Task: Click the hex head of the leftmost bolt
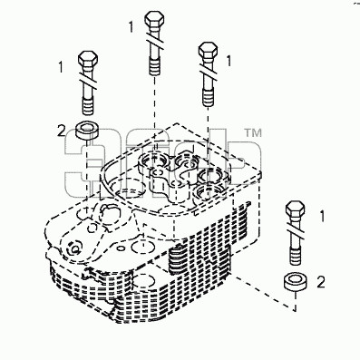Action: pyautogui.click(x=88, y=61)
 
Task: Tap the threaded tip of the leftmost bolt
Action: pyautogui.click(x=88, y=106)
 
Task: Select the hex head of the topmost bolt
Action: pyautogui.click(x=155, y=21)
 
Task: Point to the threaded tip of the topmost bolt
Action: pyautogui.click(x=155, y=66)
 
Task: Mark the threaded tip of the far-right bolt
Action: pyautogui.click(x=295, y=257)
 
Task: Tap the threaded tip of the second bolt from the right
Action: pyautogui.click(x=208, y=98)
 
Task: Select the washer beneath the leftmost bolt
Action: pyautogui.click(x=88, y=131)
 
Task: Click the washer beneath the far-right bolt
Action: pyautogui.click(x=296, y=282)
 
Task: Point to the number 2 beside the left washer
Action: pyautogui.click(x=61, y=131)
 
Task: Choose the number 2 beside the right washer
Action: pyautogui.click(x=321, y=282)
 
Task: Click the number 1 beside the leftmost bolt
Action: pyautogui.click(x=62, y=67)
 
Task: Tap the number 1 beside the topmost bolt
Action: pyautogui.click(x=131, y=27)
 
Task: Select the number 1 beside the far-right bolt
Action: pyautogui.click(x=322, y=217)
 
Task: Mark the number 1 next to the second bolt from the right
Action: pyautogui.click(x=229, y=61)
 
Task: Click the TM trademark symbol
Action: pyautogui.click(x=253, y=132)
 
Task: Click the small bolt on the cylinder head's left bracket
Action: pyautogui.click(x=73, y=248)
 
